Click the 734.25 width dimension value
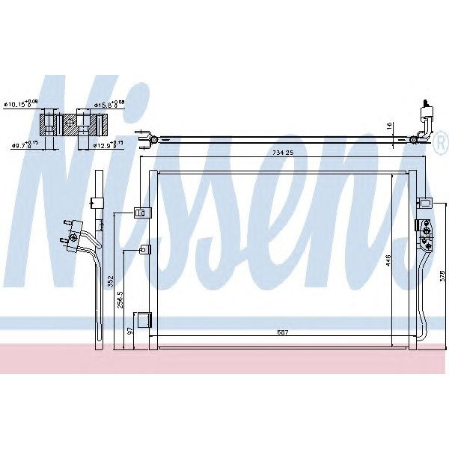pos(285,153)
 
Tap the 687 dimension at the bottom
pos(282,332)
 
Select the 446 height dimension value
pos(388,260)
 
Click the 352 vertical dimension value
pos(110,282)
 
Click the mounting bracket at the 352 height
pos(139,213)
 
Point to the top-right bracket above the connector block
pos(424,202)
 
